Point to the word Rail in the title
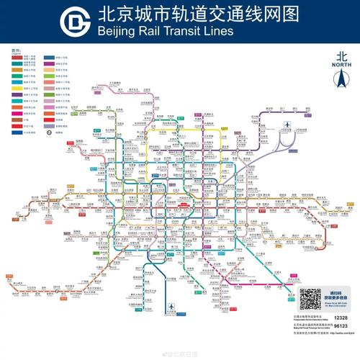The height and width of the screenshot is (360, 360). point(151,32)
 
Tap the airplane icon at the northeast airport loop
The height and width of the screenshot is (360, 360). point(287,127)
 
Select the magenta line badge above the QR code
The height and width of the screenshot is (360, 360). point(332,279)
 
